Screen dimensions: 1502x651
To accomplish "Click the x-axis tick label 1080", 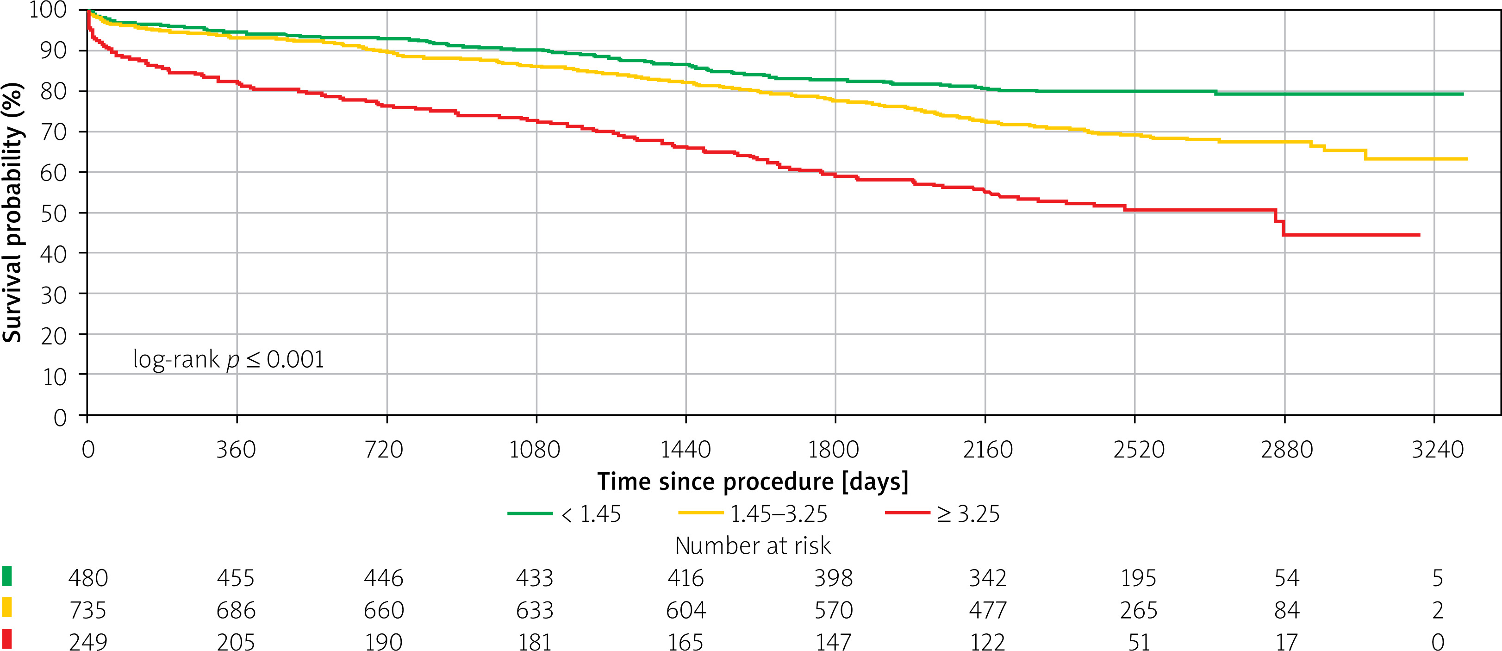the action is [x=535, y=450].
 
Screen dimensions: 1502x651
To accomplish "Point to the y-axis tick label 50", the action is [x=54, y=213].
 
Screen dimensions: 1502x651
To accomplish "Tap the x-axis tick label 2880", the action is [x=1287, y=450].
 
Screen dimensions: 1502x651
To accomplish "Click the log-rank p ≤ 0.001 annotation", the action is [x=229, y=359].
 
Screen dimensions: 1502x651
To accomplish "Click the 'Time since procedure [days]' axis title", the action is [x=753, y=482].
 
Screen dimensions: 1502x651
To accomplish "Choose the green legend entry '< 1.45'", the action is [x=564, y=514].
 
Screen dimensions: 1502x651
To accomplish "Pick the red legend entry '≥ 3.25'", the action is [x=942, y=514].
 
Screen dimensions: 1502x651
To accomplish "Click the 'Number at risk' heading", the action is [x=753, y=546].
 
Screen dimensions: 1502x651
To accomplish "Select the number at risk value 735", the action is [x=88, y=610].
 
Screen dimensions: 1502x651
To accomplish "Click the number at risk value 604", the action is [x=686, y=610].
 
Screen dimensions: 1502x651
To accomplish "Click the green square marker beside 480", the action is [x=7, y=576].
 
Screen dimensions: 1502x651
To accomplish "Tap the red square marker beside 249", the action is [x=7, y=639].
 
